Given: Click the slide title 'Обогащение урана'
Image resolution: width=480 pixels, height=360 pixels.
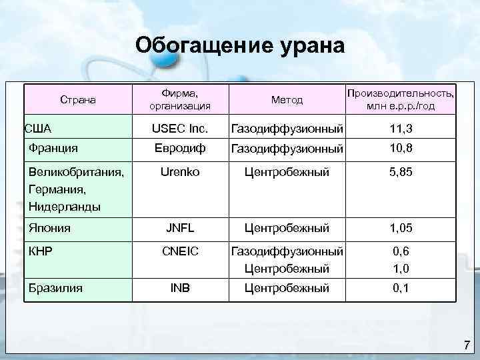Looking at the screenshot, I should (240, 45).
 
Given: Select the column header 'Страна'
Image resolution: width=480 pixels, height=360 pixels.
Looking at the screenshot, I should (79, 100).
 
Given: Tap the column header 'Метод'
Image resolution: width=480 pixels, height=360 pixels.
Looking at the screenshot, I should (287, 100).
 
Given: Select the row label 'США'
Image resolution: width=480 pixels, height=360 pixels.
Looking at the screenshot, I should (38, 127).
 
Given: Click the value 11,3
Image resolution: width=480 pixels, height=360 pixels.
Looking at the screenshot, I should (401, 127).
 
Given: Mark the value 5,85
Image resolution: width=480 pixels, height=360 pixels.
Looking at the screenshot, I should (401, 172).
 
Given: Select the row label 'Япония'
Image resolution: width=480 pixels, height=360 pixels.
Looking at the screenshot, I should (50, 228).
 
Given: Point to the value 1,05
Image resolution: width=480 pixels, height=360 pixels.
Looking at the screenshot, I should (401, 228).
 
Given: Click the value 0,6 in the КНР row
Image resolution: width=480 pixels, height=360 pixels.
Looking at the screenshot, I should (401, 251).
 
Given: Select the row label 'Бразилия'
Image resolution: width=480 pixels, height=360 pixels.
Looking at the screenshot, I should (56, 288).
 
